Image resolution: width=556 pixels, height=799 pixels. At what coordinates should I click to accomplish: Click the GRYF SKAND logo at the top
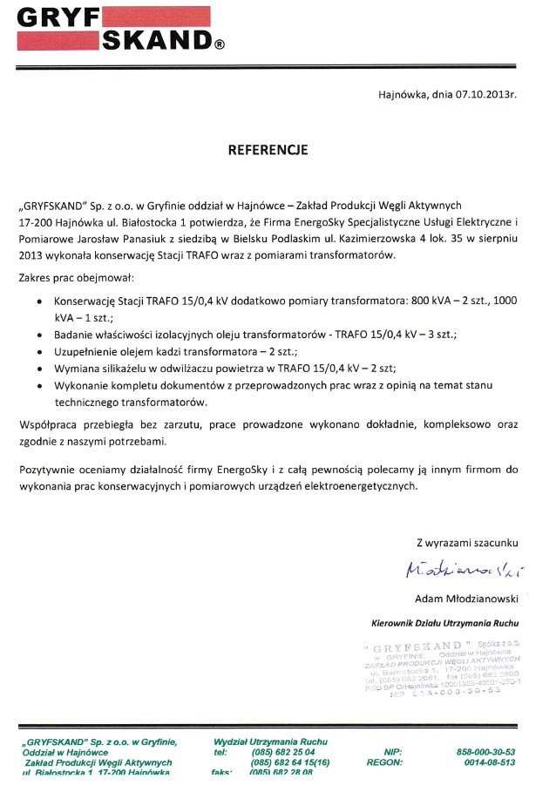(114, 28)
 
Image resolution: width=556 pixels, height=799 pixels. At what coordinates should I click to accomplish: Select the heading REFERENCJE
(268, 150)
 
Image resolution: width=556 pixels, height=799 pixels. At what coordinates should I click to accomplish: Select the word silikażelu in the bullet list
(122, 369)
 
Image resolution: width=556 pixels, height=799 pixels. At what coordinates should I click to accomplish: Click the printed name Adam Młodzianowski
(468, 599)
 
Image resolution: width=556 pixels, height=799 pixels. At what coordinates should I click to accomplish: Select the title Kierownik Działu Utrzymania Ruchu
(444, 625)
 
